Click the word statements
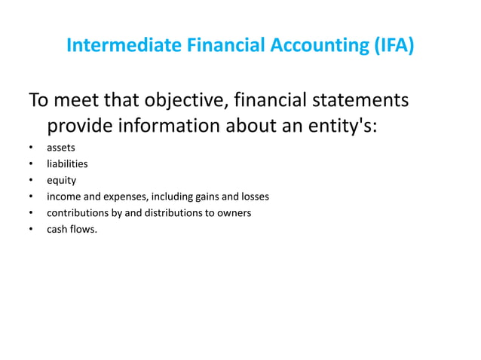point(355,100)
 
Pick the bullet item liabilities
point(67,163)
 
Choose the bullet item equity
point(61,181)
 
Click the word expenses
point(117,197)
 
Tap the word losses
point(253,197)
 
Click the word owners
point(234,213)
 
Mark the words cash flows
point(72,229)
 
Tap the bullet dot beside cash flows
point(30,230)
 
